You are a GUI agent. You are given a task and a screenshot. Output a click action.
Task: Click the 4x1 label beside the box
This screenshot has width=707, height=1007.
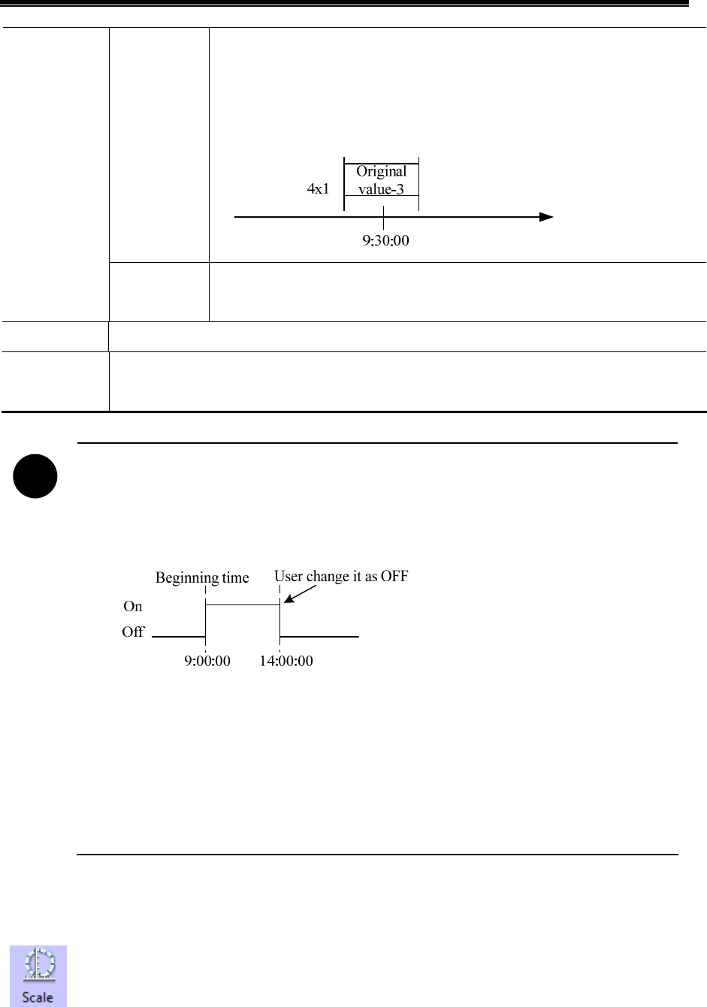click(x=318, y=189)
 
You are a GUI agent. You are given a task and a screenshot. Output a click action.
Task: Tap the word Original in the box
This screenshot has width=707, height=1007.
click(x=381, y=171)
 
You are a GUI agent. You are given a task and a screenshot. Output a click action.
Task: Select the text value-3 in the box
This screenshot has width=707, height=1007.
click(x=381, y=189)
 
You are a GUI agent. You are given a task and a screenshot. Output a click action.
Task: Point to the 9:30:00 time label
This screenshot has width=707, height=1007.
click(x=384, y=241)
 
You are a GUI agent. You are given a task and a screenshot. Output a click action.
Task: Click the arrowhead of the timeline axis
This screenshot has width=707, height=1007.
click(x=546, y=217)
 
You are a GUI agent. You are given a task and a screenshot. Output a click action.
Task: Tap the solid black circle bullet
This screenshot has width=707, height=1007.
click(x=35, y=478)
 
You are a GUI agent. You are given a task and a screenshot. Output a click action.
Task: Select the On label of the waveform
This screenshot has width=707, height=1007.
click(x=132, y=607)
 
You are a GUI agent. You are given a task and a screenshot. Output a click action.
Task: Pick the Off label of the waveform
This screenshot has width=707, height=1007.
click(x=133, y=632)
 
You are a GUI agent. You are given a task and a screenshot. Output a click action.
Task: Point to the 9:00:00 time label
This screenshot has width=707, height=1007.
click(x=207, y=662)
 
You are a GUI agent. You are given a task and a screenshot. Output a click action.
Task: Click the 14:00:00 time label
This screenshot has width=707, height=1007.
click(x=286, y=662)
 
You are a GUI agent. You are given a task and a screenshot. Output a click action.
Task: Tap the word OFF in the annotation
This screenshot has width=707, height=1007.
click(x=394, y=577)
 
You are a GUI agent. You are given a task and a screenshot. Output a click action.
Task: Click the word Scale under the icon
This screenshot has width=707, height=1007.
click(x=38, y=997)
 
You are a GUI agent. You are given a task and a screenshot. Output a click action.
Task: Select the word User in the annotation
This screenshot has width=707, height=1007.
click(x=289, y=577)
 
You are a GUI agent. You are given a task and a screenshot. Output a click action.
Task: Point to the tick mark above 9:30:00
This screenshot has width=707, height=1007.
click(x=384, y=220)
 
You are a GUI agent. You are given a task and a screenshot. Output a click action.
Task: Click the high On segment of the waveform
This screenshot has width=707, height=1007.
click(x=242, y=605)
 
